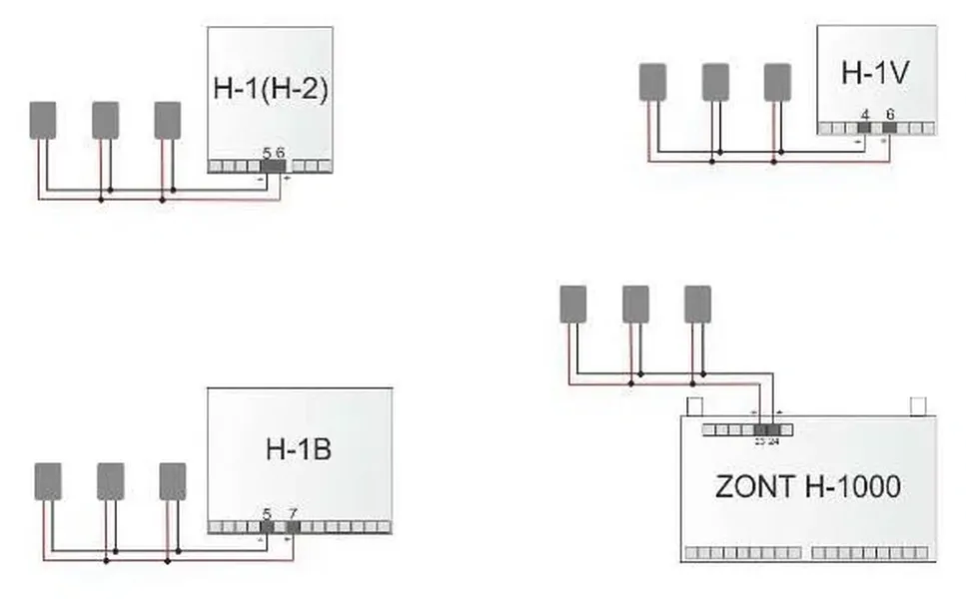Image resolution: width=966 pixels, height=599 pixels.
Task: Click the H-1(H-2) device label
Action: tap(271, 88)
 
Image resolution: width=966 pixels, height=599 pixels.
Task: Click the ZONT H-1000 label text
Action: tap(807, 487)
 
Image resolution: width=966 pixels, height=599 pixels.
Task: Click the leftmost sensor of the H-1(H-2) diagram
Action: tap(43, 120)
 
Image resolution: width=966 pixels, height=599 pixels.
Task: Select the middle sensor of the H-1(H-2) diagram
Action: tap(105, 120)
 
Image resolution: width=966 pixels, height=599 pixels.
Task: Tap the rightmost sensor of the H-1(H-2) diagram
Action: tap(167, 120)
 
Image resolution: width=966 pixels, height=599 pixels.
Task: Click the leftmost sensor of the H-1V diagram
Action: tap(652, 82)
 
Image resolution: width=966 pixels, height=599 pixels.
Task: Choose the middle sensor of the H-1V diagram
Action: tap(714, 82)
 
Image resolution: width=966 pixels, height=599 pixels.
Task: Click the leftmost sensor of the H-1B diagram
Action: tap(48, 481)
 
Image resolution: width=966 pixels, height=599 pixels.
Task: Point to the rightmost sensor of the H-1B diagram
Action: tap(173, 481)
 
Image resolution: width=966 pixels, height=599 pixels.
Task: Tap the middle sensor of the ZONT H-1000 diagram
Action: tap(635, 304)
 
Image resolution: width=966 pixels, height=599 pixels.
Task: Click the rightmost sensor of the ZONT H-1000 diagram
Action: tap(697, 304)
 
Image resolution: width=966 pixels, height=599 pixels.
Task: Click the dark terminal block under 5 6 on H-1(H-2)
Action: tap(272, 165)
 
